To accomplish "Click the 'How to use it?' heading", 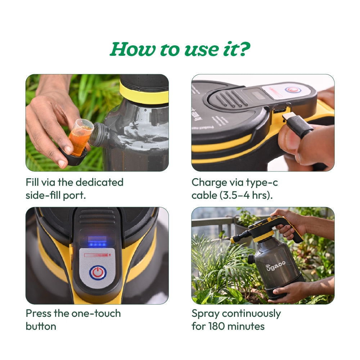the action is click(180, 49).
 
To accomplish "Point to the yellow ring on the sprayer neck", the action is click(144, 94).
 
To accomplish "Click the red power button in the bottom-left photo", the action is click(98, 273).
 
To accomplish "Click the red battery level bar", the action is click(96, 255).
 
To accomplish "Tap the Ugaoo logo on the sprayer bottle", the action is click(275, 266).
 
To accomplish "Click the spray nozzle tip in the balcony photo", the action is click(233, 240).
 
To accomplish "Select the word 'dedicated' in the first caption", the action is click(99, 182).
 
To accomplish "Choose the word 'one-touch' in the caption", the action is click(96, 314).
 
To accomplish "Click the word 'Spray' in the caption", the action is click(205, 314).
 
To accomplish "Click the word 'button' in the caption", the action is click(41, 326).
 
